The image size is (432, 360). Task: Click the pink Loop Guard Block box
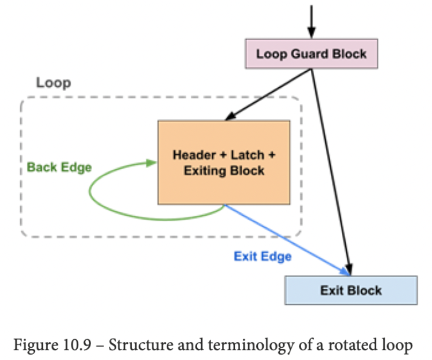[x=311, y=54]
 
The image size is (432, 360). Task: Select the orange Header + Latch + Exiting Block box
[x=224, y=162]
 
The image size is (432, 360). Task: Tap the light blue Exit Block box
[x=351, y=290]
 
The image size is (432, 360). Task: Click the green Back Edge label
[x=59, y=167]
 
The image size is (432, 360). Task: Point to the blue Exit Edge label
[x=263, y=256]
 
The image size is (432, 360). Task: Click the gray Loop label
[x=54, y=83]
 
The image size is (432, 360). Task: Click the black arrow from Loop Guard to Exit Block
[x=332, y=171]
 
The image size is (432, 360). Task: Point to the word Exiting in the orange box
[x=206, y=170]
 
